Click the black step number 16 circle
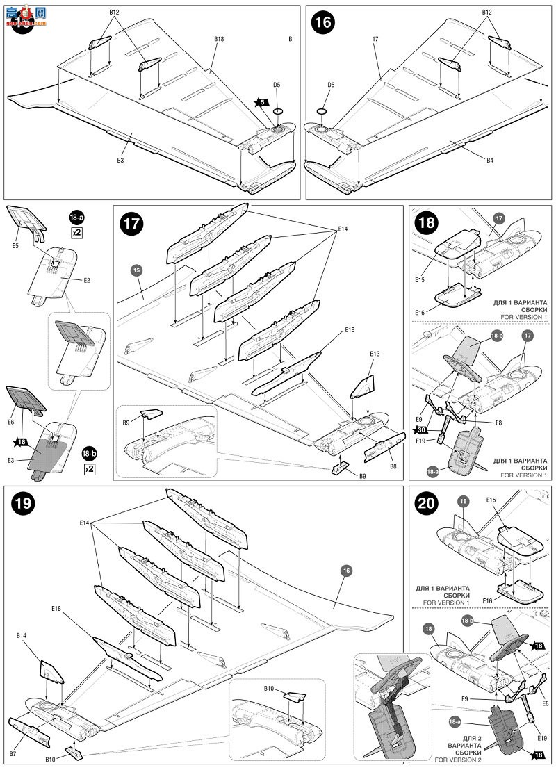[323, 22]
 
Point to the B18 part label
[219, 40]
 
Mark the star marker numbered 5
[261, 102]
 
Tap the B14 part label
[22, 634]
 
